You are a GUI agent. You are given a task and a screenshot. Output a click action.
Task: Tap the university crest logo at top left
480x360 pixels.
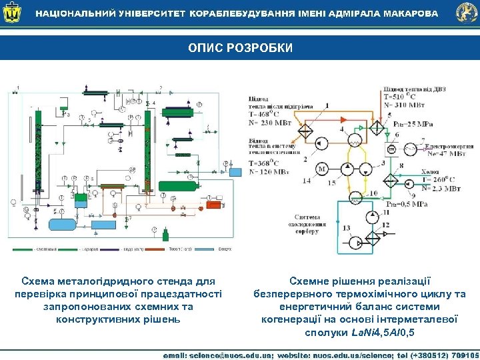point(12,13)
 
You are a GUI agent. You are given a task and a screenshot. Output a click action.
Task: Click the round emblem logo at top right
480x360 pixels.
point(466,13)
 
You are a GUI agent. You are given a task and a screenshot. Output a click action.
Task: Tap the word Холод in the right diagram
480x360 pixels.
point(430,171)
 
